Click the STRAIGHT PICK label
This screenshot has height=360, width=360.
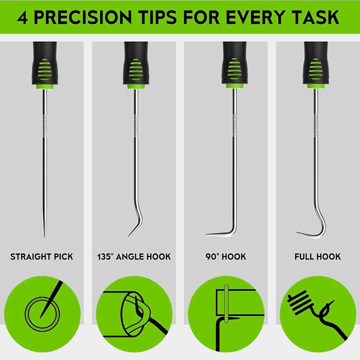[x=41, y=257]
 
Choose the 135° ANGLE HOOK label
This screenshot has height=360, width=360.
[x=134, y=257]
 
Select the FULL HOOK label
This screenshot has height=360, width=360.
[x=318, y=257]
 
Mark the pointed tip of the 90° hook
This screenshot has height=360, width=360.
[x=207, y=234]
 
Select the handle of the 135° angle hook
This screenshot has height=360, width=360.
[x=134, y=67]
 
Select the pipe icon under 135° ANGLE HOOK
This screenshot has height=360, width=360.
[x=134, y=310]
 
